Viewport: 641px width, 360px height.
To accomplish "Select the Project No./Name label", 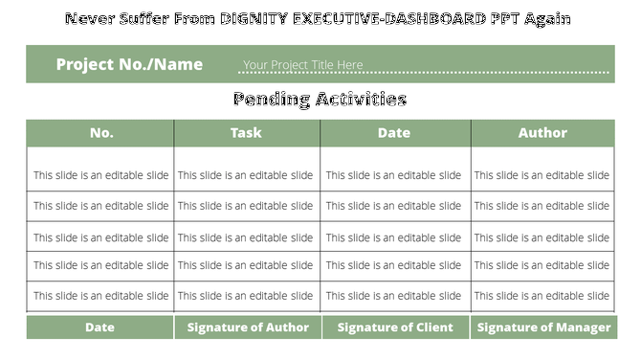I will (129, 65).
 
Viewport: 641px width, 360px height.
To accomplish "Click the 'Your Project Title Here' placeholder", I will (302, 65).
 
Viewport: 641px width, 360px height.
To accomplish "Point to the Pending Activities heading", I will (320, 99).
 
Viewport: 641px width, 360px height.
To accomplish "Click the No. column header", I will (101, 133).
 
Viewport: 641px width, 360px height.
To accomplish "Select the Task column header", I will (246, 133).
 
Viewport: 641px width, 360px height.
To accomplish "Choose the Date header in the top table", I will (393, 133).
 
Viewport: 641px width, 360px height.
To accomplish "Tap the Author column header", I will (542, 133).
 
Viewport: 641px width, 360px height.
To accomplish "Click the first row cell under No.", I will (101, 175).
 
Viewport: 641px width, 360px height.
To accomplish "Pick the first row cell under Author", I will (542, 175).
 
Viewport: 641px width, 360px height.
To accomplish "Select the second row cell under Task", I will (246, 206).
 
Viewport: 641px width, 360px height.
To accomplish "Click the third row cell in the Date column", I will (393, 237).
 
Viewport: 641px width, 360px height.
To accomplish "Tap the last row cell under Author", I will (542, 296).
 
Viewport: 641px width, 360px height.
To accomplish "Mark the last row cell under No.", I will (101, 296).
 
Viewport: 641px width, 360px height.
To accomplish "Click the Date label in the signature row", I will (99, 327).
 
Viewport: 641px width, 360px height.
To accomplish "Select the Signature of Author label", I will (248, 327).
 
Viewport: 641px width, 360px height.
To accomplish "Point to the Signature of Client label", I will (395, 327).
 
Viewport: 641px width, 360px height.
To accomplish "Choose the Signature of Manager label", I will (543, 327).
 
